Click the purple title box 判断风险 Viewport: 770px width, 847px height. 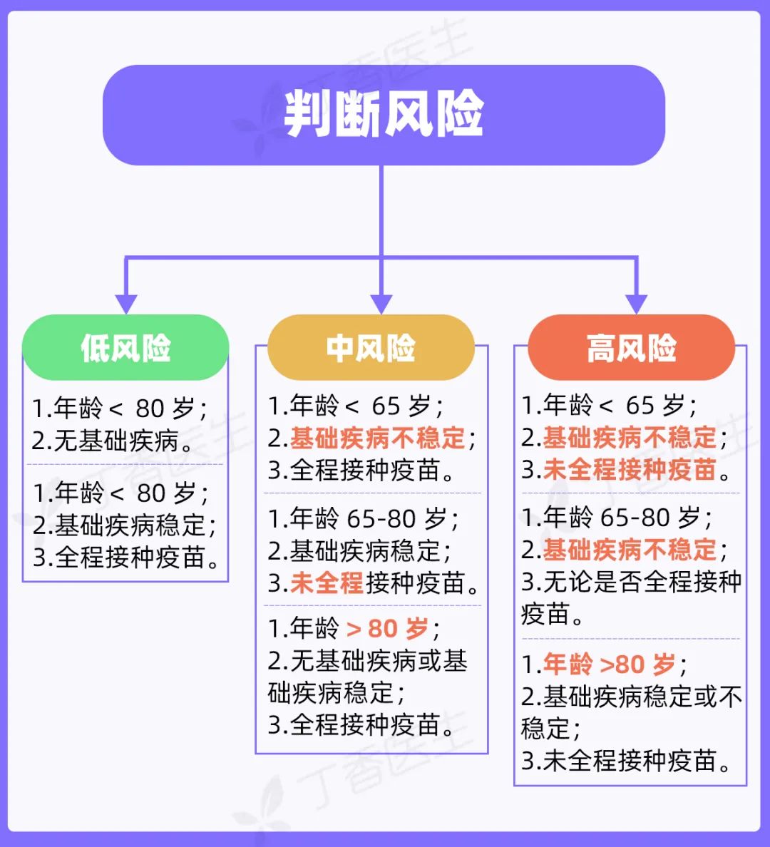[384, 115]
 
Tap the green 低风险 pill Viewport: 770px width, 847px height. [125, 348]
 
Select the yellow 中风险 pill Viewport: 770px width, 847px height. [371, 348]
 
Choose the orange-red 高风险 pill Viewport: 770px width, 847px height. [632, 348]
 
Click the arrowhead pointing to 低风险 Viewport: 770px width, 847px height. [126, 302]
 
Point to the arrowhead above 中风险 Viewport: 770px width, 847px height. [382, 302]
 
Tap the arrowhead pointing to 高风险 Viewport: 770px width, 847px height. [636, 302]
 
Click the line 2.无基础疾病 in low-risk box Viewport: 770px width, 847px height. [114, 441]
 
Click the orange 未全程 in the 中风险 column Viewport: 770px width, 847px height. [327, 583]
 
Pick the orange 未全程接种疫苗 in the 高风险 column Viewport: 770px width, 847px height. [630, 469]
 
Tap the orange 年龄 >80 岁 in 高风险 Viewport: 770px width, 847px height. [609, 664]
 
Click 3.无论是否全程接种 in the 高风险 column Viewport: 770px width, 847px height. [632, 582]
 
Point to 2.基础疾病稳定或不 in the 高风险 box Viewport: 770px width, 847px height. [632, 697]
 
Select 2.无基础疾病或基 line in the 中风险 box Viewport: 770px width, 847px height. [368, 661]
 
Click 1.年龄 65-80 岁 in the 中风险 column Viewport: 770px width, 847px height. [364, 518]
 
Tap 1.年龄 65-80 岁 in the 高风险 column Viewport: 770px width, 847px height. [617, 517]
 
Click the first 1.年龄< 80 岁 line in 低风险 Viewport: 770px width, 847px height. [120, 409]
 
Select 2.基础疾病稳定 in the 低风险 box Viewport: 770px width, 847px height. [124, 525]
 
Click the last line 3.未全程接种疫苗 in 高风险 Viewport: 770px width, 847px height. [627, 761]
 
